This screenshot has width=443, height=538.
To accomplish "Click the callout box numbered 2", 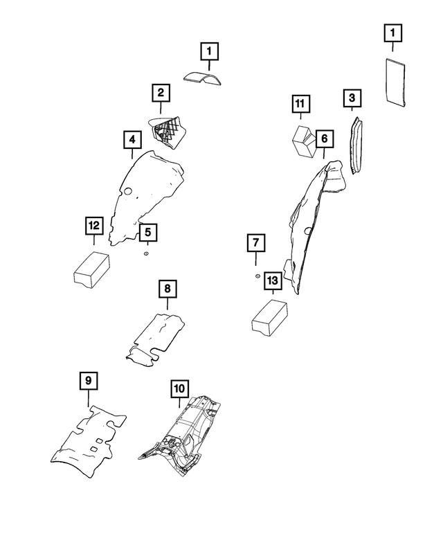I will [160, 92].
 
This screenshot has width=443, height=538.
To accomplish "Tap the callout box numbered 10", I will [179, 388].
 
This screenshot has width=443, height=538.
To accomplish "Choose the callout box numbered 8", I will [166, 287].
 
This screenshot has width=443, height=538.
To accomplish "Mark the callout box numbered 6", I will [323, 139].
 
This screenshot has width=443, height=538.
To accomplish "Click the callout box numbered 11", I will [299, 105].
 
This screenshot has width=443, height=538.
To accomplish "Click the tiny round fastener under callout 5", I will [146, 254].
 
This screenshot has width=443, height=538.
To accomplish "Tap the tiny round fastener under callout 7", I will [257, 276].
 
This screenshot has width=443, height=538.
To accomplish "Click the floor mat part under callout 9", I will [88, 442].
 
